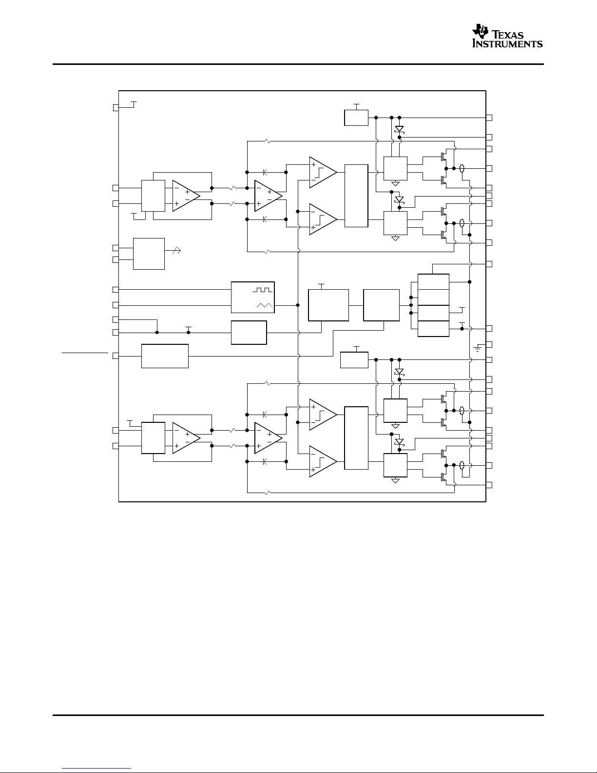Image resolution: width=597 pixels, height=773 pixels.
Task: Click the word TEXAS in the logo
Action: click(x=507, y=35)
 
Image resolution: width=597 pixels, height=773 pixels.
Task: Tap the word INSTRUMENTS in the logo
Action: click(x=507, y=43)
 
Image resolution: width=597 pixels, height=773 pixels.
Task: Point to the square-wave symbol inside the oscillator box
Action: click(x=263, y=290)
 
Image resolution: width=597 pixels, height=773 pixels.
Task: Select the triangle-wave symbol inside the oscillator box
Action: click(x=264, y=305)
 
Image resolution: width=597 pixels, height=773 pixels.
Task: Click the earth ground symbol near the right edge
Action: click(x=478, y=349)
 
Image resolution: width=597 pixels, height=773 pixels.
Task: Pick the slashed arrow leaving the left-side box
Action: click(x=176, y=251)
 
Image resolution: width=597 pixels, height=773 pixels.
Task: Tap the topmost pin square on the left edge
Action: click(x=116, y=108)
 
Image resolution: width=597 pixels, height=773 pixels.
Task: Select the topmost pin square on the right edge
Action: click(x=489, y=118)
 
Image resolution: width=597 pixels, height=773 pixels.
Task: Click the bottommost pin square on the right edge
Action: click(x=489, y=485)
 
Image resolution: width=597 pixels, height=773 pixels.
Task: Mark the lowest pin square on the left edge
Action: click(x=116, y=446)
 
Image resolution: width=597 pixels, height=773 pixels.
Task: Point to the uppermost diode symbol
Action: click(x=400, y=129)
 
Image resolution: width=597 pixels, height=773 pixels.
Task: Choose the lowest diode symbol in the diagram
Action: click(x=400, y=442)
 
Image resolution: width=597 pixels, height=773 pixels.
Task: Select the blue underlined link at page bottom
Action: click(x=96, y=768)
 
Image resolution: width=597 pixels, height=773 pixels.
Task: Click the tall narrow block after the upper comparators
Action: click(x=356, y=196)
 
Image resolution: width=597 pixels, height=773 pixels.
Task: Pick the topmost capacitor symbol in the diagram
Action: click(x=265, y=172)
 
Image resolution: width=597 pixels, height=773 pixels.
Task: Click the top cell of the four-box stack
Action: click(x=434, y=282)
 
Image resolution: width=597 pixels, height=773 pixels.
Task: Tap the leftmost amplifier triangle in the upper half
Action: click(x=186, y=196)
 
